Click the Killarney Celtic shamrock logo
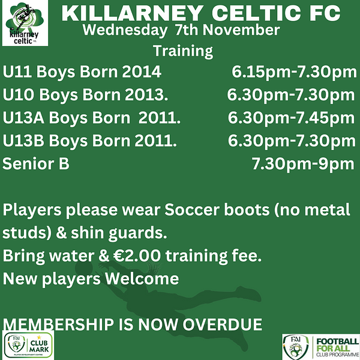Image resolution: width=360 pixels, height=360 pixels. (x=25, y=23)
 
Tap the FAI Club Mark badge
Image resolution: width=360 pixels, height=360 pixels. (x=28, y=345)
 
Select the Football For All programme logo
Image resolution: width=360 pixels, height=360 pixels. (x=321, y=347)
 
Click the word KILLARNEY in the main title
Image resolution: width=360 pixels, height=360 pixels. (x=133, y=14)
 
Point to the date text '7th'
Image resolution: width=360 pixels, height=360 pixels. (x=186, y=30)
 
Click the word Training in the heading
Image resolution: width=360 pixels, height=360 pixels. (x=183, y=51)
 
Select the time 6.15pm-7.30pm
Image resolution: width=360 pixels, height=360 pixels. (x=294, y=72)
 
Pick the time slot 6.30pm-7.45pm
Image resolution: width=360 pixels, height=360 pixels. (x=291, y=118)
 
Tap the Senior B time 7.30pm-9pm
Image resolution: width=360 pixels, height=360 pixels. (x=303, y=164)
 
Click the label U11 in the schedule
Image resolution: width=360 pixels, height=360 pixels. (x=17, y=71)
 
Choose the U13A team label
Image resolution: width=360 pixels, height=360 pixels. (x=23, y=118)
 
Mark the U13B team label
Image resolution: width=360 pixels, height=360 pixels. (x=23, y=140)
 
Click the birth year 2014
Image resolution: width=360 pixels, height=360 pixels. (x=142, y=71)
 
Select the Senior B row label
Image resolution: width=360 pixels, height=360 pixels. (x=36, y=163)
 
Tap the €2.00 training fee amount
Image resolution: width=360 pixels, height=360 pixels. (x=137, y=256)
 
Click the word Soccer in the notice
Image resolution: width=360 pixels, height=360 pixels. (x=192, y=209)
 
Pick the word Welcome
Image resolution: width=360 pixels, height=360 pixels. (x=142, y=278)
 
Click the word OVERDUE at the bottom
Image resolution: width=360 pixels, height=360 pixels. (x=223, y=325)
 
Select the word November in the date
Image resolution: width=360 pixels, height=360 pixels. (x=241, y=30)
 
